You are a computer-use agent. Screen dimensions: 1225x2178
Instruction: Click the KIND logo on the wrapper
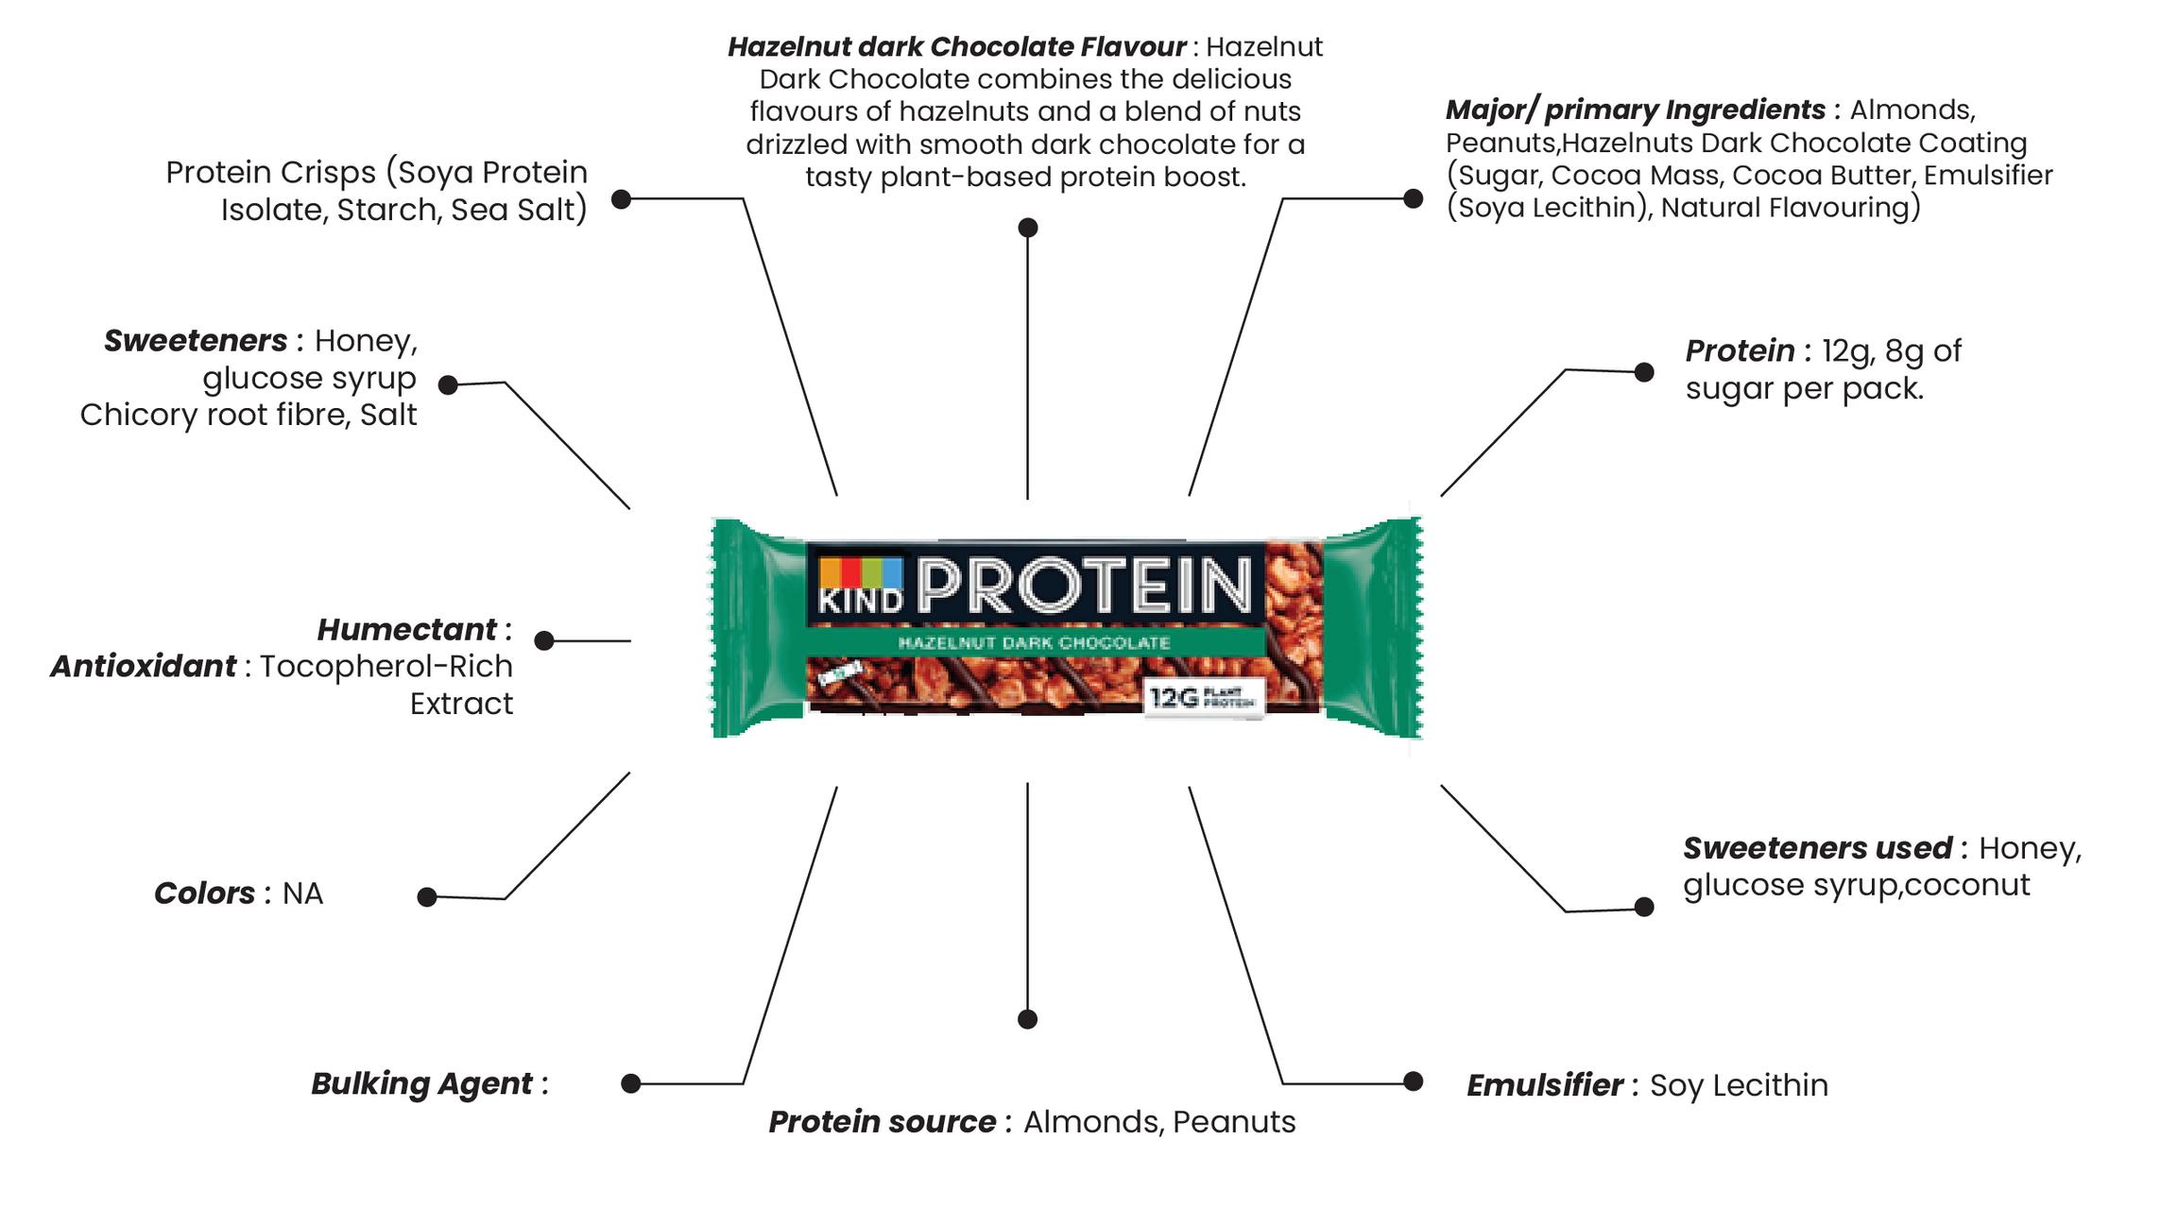860,586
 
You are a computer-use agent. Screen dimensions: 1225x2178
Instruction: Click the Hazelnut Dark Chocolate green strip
1034,643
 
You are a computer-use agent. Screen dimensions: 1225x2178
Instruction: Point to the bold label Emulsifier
1544,1085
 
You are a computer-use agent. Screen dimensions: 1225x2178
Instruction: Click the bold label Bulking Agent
421,1083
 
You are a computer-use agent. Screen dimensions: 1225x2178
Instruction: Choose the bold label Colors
204,893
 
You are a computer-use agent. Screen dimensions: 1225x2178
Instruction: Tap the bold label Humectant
406,629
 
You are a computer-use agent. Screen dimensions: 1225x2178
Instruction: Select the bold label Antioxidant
143,666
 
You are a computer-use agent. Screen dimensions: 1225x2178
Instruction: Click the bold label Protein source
882,1121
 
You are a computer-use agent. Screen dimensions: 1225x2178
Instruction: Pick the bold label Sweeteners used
1817,847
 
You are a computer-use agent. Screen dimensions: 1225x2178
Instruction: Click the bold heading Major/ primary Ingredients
1635,110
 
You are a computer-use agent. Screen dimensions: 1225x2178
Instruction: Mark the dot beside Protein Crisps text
621,199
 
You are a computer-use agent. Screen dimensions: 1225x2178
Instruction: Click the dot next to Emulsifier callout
1413,1081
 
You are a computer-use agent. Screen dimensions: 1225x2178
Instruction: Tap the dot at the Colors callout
427,897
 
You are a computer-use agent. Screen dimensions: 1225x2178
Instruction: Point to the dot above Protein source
1027,1019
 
